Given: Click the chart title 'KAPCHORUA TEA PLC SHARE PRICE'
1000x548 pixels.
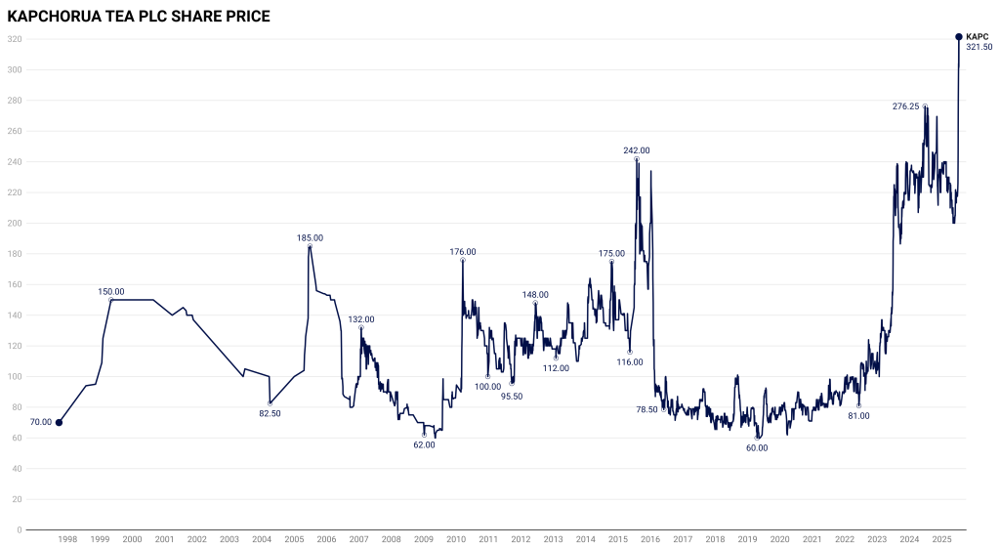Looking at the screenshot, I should pyautogui.click(x=139, y=17).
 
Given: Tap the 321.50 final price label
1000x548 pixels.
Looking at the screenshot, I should pyautogui.click(x=979, y=47).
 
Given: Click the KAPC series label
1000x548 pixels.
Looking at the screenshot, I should pyautogui.click(x=977, y=36).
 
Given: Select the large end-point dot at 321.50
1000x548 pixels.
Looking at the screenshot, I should pyautogui.click(x=958, y=37).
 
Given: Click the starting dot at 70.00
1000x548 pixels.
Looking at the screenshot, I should pyautogui.click(x=59, y=423).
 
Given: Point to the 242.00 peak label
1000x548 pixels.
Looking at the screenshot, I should pyautogui.click(x=637, y=150).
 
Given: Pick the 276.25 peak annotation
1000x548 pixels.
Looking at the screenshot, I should pyautogui.click(x=905, y=105).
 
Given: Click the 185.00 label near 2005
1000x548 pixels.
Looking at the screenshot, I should pyautogui.click(x=310, y=237).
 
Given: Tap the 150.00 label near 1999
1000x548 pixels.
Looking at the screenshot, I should pyautogui.click(x=111, y=291).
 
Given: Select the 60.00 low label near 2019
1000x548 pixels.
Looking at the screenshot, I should pyautogui.click(x=757, y=447).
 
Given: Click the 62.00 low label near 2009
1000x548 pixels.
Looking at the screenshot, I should pyautogui.click(x=424, y=444).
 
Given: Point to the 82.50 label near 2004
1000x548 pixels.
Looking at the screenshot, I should pyautogui.click(x=270, y=413).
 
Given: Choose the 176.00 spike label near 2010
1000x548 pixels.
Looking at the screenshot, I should pyautogui.click(x=462, y=251).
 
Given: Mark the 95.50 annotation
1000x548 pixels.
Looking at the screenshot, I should pyautogui.click(x=512, y=396).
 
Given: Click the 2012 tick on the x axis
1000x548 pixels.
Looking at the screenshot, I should pyautogui.click(x=521, y=539).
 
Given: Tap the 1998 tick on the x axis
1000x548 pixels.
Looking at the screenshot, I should pyautogui.click(x=67, y=539).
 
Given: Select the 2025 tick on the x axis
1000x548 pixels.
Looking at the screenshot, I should pyautogui.click(x=941, y=539).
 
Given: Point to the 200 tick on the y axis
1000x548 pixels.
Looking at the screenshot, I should pyautogui.click(x=14, y=224).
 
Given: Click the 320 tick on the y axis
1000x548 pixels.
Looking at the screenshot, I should pyautogui.click(x=14, y=39).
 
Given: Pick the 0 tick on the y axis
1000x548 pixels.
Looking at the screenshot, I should pyautogui.click(x=18, y=530).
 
